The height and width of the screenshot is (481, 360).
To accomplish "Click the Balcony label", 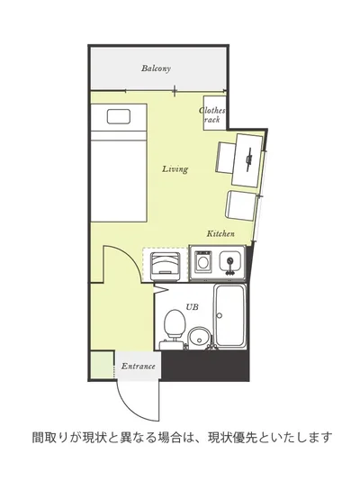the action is pos(156,68).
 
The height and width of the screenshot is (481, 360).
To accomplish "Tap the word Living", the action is pos(175,169).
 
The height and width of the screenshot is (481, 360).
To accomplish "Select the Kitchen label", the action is pos(220,234).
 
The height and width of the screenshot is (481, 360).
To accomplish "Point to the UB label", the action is pos(192,307).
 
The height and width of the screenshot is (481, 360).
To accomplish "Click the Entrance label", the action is pos(139,366).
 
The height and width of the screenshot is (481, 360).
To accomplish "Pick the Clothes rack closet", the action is pos(215,113).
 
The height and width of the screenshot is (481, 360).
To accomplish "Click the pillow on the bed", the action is pos(119,117).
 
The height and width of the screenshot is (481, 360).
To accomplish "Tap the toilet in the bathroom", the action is pos(175,325).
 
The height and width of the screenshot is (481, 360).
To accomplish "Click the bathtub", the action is pos(230,315).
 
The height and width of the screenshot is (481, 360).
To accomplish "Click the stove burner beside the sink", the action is pos(202,261).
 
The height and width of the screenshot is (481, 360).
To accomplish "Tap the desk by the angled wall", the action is pos(247,160).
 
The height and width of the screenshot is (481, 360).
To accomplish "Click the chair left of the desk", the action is pos(226,158).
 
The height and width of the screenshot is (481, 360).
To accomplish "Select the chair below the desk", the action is pos(241,205).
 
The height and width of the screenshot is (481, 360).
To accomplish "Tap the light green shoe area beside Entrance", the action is pos(102,365).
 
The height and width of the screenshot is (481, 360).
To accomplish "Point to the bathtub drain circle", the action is pos(220,315).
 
